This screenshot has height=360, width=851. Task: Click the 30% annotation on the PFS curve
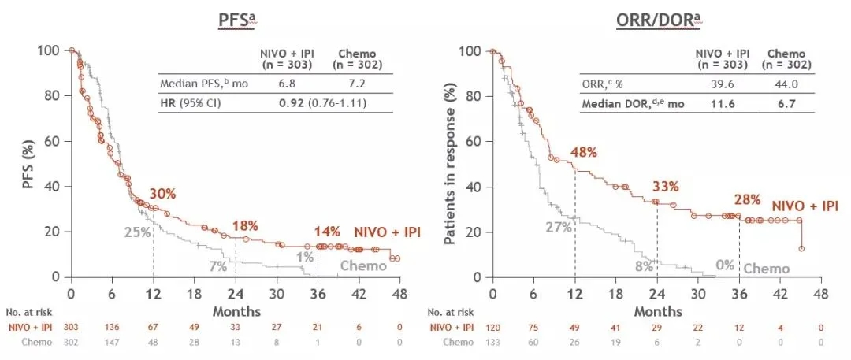tap(162, 195)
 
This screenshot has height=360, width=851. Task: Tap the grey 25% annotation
tap(136, 232)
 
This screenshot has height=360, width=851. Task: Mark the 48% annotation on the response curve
tap(584, 152)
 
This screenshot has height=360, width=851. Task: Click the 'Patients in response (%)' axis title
tap(452, 163)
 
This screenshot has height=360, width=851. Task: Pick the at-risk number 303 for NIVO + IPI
tap(71, 328)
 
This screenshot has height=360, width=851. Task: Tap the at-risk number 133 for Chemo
tap(492, 343)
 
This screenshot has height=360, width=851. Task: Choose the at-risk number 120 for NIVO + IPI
tap(492, 328)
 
